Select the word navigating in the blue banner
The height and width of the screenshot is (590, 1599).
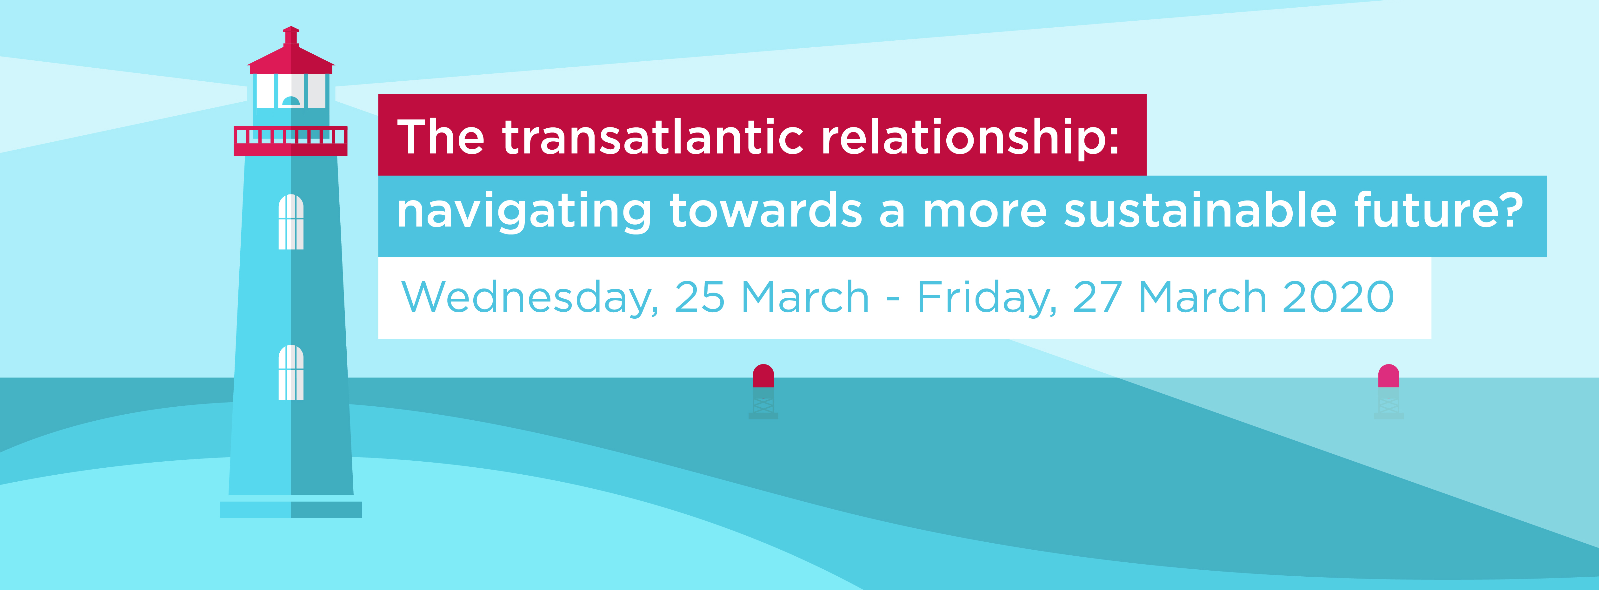click(x=524, y=213)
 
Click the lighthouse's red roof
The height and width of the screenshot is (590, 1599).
click(x=291, y=53)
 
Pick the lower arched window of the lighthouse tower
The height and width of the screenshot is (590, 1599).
click(x=291, y=373)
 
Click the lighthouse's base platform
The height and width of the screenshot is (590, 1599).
click(x=291, y=509)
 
